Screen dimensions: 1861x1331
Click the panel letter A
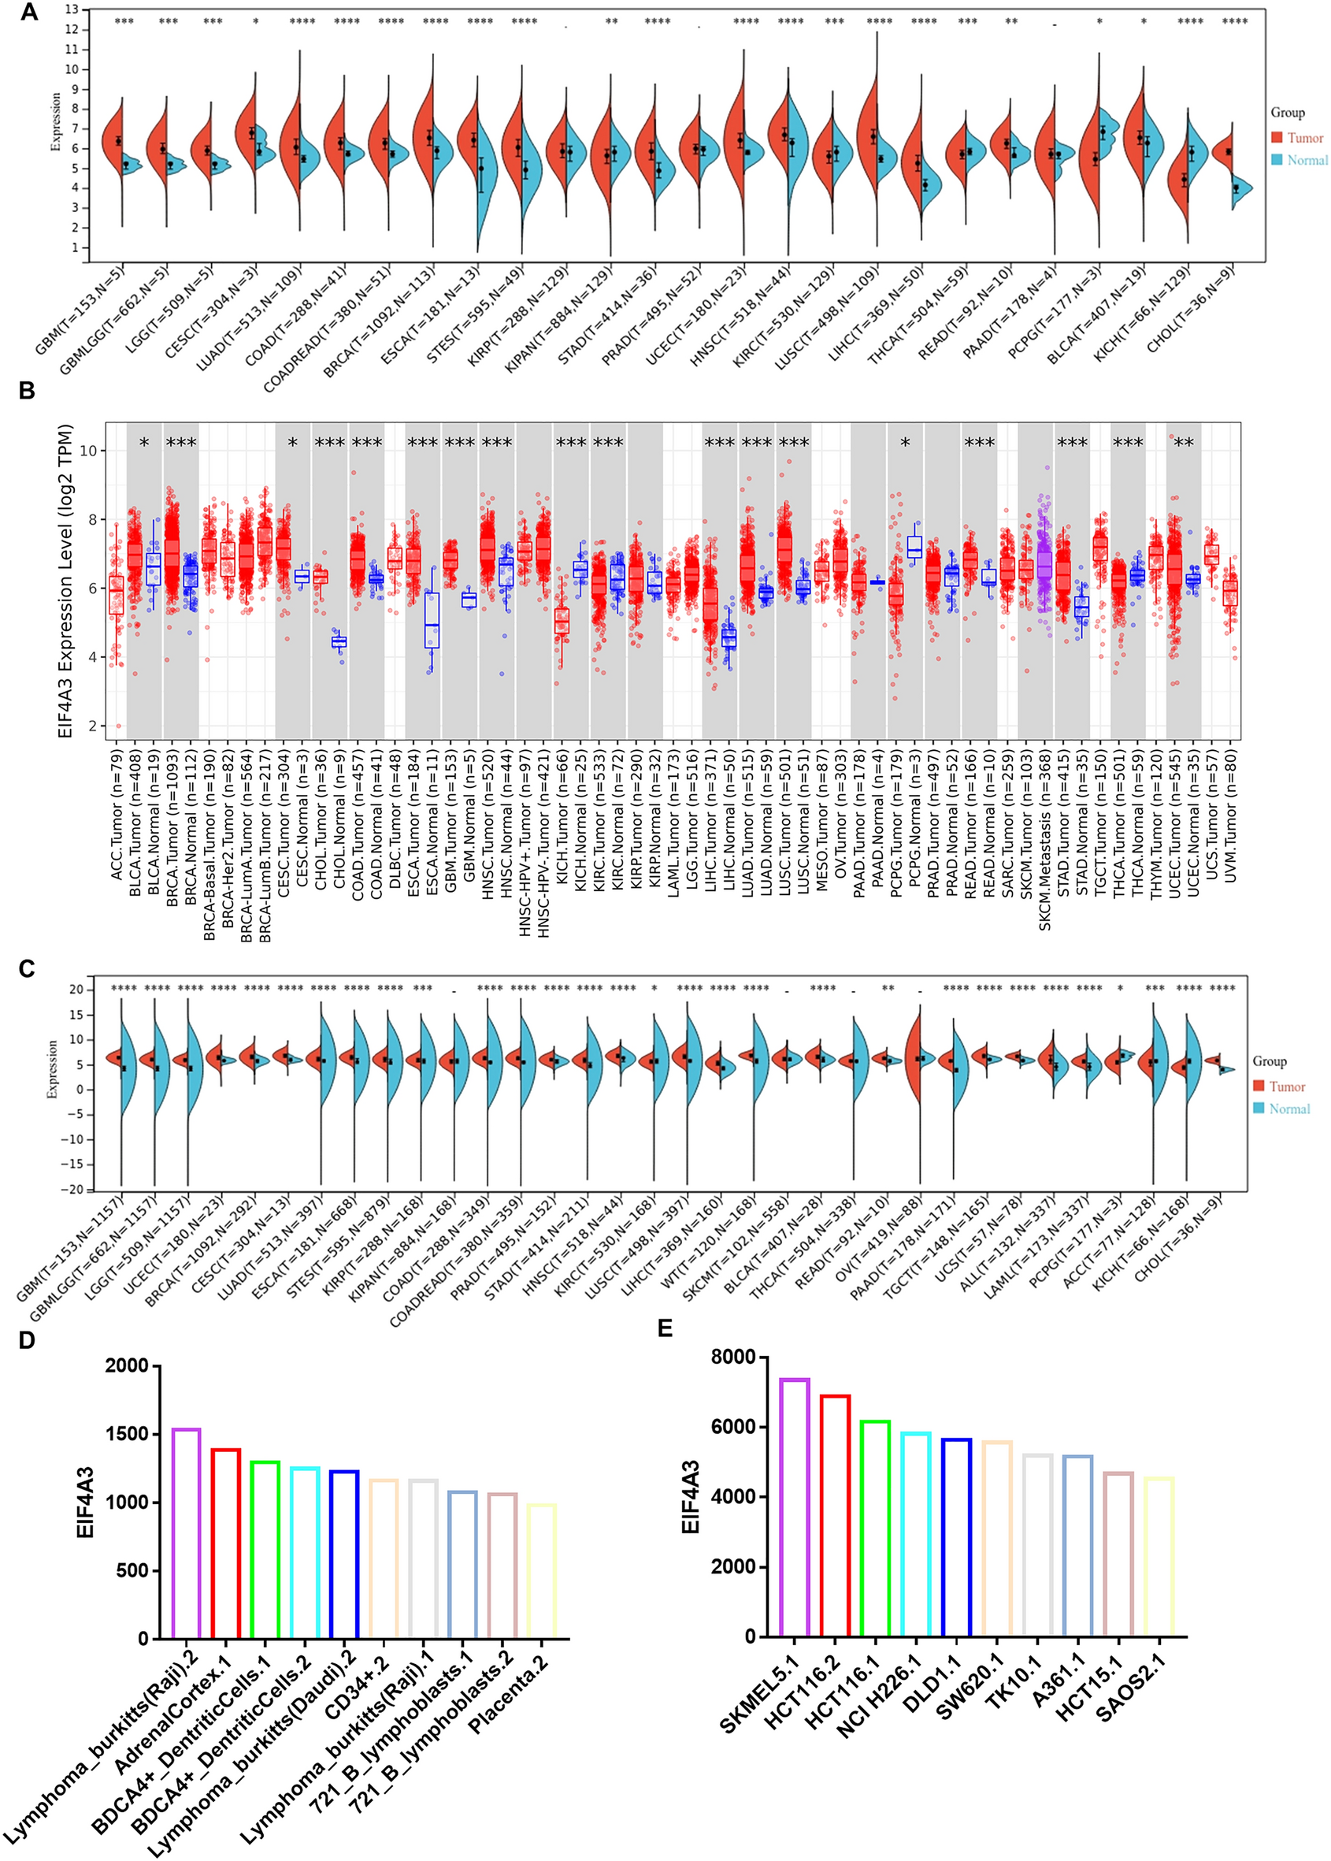[x=28, y=13]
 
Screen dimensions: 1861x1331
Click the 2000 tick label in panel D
[x=127, y=1366]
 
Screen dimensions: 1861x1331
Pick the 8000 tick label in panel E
[x=732, y=1357]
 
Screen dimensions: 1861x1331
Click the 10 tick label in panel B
[x=88, y=451]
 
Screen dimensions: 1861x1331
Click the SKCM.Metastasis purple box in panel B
[x=1044, y=566]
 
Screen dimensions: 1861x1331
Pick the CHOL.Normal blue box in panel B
[x=339, y=641]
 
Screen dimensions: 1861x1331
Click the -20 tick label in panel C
[x=75, y=1190]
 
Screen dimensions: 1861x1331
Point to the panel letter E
[x=665, y=1328]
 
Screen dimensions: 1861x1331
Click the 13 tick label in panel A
[x=72, y=9]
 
